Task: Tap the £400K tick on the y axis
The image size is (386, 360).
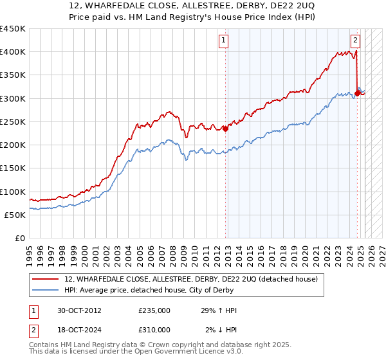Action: tap(13, 52)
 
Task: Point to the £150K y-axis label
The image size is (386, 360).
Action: tap(13, 168)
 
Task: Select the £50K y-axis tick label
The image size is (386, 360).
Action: tap(15, 215)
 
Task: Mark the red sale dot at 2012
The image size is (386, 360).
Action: tap(225, 128)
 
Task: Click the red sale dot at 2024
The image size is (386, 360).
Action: tap(357, 93)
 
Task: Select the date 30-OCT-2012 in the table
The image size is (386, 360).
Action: tap(79, 310)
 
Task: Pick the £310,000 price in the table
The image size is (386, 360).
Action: tap(154, 330)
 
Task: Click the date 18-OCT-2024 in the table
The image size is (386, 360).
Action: tap(79, 330)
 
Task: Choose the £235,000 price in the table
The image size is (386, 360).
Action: tap(154, 310)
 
